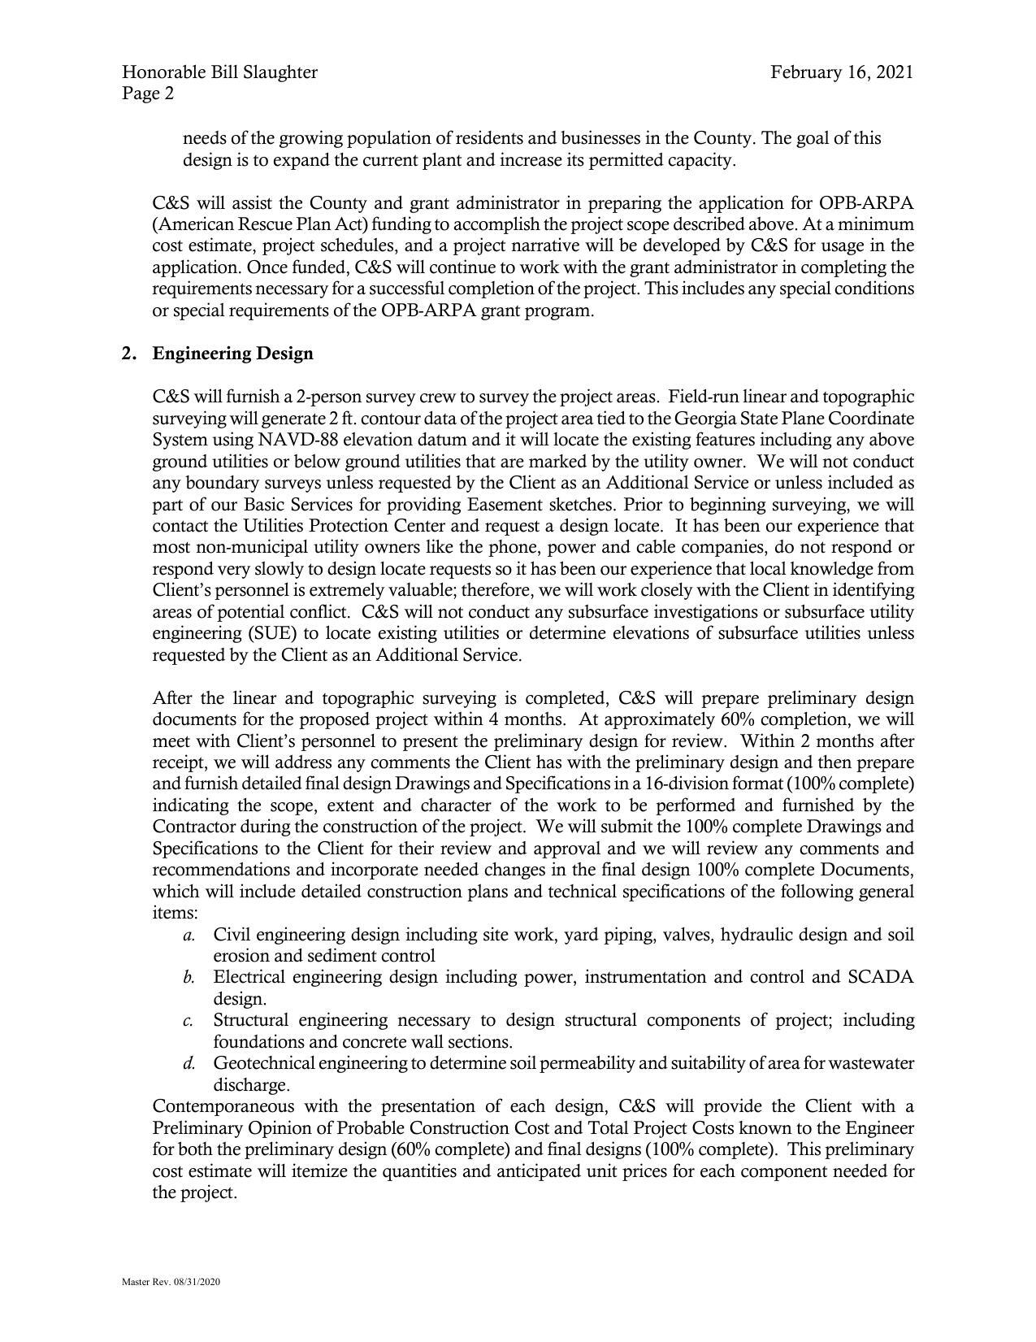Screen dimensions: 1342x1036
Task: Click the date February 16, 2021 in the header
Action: pyautogui.click(x=842, y=72)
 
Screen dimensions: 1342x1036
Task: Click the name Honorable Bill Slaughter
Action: pyautogui.click(x=220, y=72)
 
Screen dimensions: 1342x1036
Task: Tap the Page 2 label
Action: pyautogui.click(x=148, y=93)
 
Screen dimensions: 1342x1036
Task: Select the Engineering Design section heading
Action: pyautogui.click(x=232, y=354)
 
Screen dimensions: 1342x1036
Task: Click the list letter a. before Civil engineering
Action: pyautogui.click(x=189, y=936)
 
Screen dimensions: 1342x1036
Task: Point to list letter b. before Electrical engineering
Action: pyautogui.click(x=189, y=978)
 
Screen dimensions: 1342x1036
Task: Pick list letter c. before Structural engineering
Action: pyautogui.click(x=189, y=1021)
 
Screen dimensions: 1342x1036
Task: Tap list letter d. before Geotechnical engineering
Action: pyautogui.click(x=189, y=1064)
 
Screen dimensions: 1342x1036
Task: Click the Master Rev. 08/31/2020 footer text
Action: pyautogui.click(x=171, y=1282)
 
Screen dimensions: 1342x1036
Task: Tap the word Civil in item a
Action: pyautogui.click(x=231, y=935)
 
